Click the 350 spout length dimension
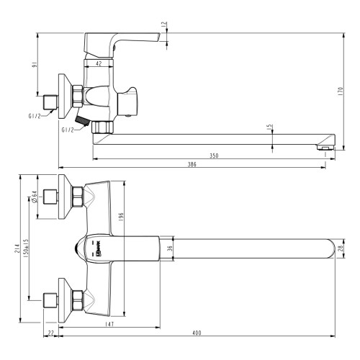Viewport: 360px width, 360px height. [213, 155]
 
